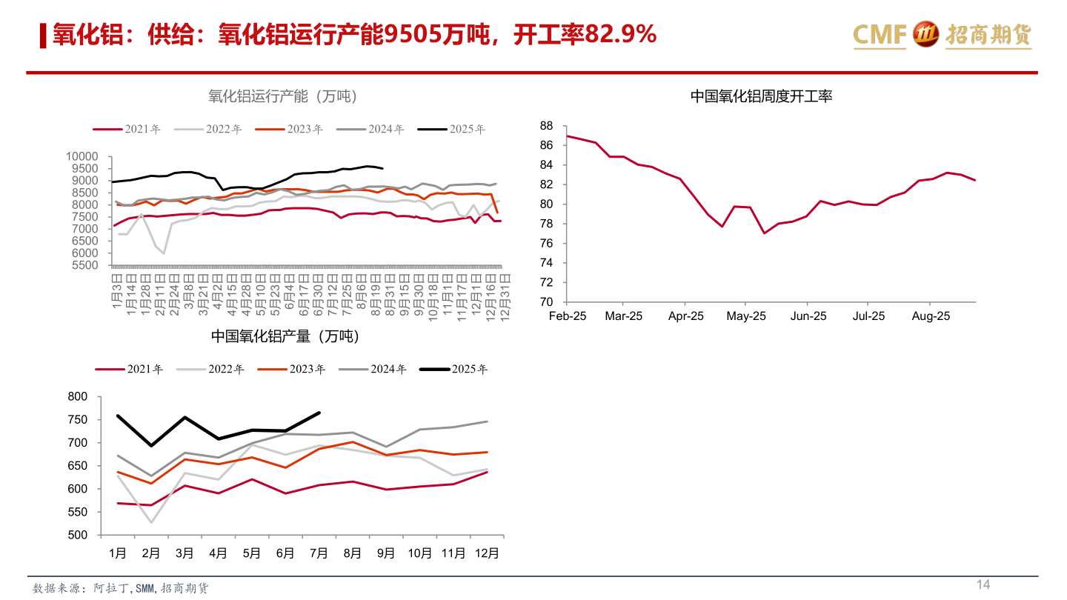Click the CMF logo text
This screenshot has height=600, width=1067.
880,34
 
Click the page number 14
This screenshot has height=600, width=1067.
983,585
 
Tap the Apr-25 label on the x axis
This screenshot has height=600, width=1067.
685,316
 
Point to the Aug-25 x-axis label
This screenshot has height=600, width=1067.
931,316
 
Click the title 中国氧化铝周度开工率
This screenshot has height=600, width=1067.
761,96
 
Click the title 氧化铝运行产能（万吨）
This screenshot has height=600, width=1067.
283,96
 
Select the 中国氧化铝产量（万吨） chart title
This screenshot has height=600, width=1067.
285,336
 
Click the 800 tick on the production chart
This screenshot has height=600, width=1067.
77,396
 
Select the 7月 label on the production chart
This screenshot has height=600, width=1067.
319,553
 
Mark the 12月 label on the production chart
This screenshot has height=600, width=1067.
487,553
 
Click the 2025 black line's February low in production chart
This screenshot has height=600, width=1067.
151,446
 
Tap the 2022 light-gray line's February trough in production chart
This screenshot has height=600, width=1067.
151,523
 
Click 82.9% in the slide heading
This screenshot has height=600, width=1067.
620,34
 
